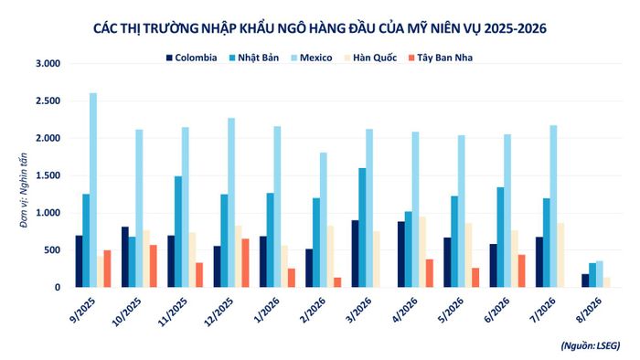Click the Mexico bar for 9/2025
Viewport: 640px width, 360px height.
(93, 190)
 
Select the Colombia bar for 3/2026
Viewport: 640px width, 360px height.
(355, 254)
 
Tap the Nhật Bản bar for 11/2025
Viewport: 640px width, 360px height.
(178, 231)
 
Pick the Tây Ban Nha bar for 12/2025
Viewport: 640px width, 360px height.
(245, 263)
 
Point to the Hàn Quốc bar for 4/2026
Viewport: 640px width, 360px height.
(422, 252)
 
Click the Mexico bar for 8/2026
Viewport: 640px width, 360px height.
(600, 274)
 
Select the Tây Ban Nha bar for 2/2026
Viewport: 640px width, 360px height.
(337, 282)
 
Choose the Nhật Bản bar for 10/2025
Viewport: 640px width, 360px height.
(133, 262)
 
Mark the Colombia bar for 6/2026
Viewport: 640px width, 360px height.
(494, 266)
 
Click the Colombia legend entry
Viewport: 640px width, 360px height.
(192, 58)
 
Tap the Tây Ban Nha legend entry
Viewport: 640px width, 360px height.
(441, 58)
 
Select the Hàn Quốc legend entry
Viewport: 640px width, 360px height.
(370, 58)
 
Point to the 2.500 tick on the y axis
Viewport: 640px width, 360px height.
(48, 101)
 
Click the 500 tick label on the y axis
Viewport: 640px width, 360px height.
(52, 250)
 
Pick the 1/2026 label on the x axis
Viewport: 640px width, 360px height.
(267, 311)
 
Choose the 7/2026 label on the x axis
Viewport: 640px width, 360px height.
(543, 311)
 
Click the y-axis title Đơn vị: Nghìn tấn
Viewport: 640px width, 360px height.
(23, 190)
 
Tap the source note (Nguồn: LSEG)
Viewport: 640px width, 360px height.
(591, 345)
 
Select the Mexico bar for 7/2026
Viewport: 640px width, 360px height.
(553, 206)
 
